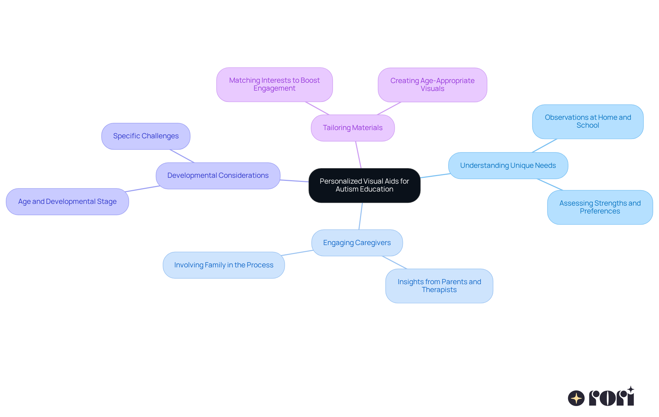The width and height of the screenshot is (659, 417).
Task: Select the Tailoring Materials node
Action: (352, 128)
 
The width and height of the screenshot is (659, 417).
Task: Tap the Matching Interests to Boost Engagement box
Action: (274, 84)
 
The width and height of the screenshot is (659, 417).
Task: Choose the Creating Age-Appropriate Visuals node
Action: (432, 85)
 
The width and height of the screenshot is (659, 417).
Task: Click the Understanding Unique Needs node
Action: (508, 165)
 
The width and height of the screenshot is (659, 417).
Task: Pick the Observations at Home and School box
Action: (588, 121)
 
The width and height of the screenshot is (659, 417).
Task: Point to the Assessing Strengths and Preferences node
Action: (600, 207)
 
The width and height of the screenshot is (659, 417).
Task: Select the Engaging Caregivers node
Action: (357, 243)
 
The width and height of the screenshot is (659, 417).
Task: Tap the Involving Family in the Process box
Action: (223, 265)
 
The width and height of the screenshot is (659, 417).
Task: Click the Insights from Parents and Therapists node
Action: (439, 286)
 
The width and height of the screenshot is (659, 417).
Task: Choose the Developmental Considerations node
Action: (218, 175)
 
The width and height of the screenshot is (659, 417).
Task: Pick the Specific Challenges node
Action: (146, 136)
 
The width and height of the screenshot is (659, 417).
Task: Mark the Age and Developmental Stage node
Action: (67, 201)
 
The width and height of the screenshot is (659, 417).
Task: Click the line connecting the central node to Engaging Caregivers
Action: (361, 216)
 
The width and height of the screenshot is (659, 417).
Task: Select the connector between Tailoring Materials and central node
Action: (358, 155)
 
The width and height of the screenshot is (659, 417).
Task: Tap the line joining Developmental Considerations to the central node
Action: (294, 181)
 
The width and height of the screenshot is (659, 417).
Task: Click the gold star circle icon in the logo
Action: (576, 398)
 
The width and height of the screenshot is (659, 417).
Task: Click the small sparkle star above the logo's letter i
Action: (631, 390)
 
